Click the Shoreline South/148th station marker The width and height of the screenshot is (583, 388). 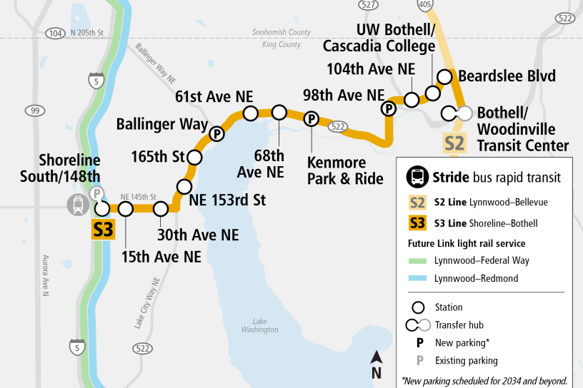(x=102, y=208)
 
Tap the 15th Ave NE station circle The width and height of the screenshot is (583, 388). (x=126, y=209)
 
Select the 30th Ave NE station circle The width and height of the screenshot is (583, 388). (x=161, y=209)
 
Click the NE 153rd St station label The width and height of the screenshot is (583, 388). (x=227, y=200)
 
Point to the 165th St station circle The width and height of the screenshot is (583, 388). (x=193, y=156)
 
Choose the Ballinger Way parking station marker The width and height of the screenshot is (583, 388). (x=216, y=134)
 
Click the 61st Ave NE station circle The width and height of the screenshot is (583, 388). (x=251, y=113)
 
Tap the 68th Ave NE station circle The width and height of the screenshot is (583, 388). (x=279, y=112)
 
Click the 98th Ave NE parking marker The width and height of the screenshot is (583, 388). (x=389, y=108)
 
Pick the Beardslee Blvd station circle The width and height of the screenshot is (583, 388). (x=444, y=76)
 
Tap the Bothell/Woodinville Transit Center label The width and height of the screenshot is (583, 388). (x=522, y=129)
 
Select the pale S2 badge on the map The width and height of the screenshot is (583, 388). (x=454, y=143)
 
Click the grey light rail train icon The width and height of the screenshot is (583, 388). (x=77, y=205)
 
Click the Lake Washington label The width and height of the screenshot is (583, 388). (x=259, y=325)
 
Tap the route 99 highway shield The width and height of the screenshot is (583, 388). (x=34, y=111)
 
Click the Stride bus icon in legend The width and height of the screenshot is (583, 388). (x=417, y=177)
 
